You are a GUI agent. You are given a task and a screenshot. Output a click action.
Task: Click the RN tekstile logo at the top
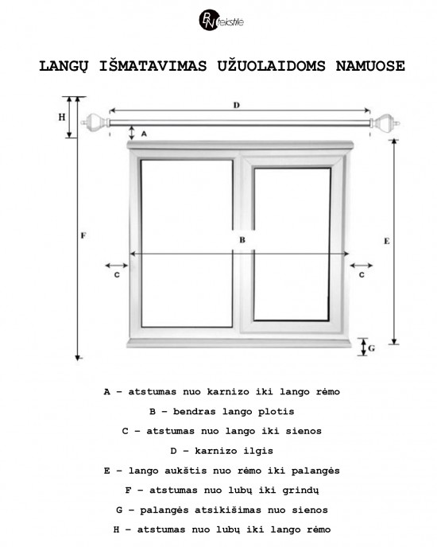(219, 19)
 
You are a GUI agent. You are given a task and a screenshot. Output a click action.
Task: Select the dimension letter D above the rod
(236, 105)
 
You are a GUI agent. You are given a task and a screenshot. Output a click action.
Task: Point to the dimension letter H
(61, 117)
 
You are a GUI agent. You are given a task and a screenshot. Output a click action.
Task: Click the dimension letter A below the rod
(144, 135)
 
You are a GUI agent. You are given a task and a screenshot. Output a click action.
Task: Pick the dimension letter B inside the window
(241, 239)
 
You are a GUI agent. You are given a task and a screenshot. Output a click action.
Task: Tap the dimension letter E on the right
(385, 239)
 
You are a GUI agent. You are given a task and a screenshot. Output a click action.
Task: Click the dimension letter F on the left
(84, 235)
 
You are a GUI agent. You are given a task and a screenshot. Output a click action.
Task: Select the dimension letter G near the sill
(372, 347)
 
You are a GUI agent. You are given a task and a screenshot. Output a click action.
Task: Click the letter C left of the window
(116, 275)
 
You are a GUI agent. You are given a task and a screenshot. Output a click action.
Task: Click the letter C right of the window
(362, 275)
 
